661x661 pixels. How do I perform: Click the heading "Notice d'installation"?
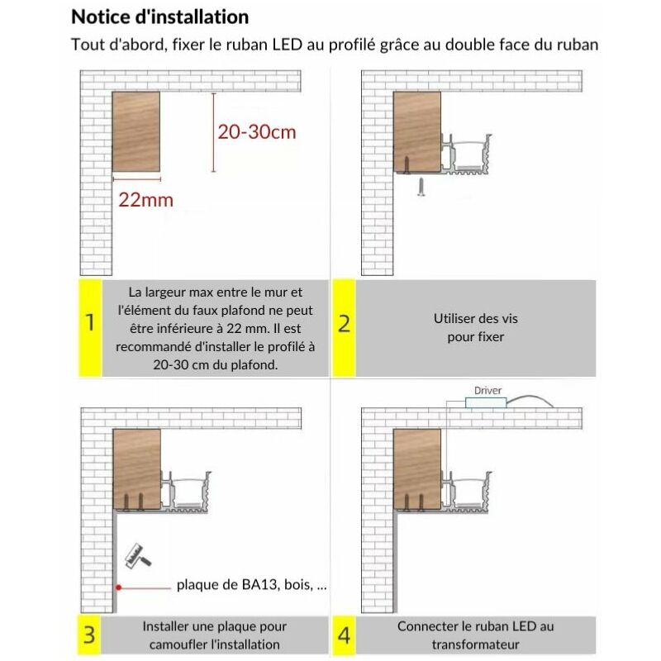click(x=159, y=17)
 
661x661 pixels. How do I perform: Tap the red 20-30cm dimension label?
click(x=256, y=131)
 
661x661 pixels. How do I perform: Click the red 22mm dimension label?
click(x=146, y=200)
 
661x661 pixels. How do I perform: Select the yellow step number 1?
click(x=89, y=323)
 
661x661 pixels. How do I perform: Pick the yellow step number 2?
click(x=345, y=323)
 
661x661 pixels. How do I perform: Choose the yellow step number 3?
click(x=89, y=635)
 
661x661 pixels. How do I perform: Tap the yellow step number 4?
click(x=345, y=635)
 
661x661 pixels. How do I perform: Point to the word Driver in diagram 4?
click(x=487, y=390)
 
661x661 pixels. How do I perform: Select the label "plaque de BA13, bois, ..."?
click(x=252, y=585)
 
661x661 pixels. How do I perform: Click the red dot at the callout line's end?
click(x=119, y=586)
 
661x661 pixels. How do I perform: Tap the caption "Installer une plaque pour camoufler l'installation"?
click(x=214, y=635)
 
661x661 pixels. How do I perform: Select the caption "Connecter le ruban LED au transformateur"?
click(x=475, y=635)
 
